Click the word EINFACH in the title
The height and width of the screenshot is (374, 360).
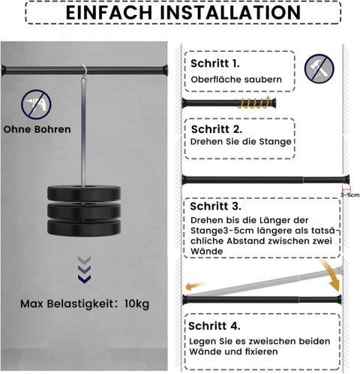tap(109, 12)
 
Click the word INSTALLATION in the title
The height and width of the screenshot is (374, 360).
tap(230, 12)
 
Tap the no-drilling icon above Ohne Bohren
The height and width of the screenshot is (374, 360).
tap(36, 104)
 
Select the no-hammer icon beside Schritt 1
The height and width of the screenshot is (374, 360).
tap(319, 69)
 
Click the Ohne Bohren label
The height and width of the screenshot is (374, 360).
tap(37, 129)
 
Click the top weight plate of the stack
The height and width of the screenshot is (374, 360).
tap(84, 193)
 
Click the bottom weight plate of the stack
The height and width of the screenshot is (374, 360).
tap(84, 228)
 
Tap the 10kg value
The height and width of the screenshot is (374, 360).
tap(136, 304)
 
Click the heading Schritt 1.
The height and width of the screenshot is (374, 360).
tap(215, 64)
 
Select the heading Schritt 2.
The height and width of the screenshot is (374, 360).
tap(217, 129)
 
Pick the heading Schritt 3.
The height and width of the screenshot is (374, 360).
tap(215, 207)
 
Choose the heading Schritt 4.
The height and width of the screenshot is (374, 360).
tap(214, 326)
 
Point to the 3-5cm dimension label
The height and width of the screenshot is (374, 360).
tap(349, 195)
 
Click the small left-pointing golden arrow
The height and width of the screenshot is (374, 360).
tap(196, 286)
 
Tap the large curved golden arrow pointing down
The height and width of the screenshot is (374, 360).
tap(331, 276)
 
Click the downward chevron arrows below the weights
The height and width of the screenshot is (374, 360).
tap(84, 270)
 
